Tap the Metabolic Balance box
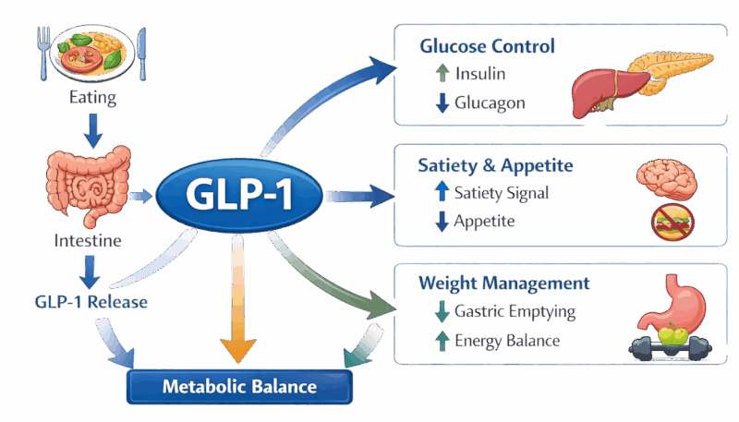click(239, 386)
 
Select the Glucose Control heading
click(487, 45)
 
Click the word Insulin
click(479, 74)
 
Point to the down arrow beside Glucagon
click(442, 102)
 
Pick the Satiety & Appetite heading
click(495, 166)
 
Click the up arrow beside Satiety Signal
click(442, 193)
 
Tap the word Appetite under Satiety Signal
click(485, 221)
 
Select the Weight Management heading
click(503, 282)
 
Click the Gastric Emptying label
click(515, 311)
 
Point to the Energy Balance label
click(507, 341)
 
